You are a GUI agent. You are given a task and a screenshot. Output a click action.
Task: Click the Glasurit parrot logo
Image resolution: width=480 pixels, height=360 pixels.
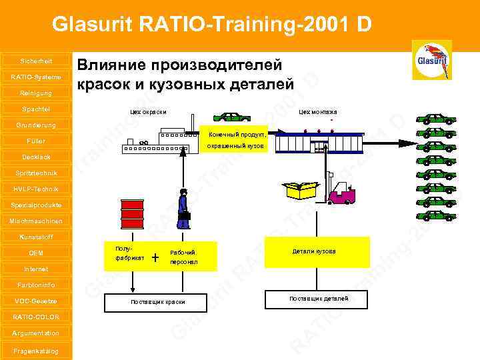coord(431,60)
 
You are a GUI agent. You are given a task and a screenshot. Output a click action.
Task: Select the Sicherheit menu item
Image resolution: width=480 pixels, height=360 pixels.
coord(36,61)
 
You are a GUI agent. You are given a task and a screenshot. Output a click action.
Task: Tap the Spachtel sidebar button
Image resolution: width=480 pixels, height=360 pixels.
coord(36,109)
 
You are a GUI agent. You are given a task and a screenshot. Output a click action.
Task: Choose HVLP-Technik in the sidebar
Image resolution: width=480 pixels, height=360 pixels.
coord(36,189)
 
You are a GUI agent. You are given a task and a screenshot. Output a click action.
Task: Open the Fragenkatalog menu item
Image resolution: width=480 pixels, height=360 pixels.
coord(36,351)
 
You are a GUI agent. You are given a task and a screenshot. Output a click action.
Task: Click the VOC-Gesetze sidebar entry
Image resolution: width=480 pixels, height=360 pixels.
coord(36,301)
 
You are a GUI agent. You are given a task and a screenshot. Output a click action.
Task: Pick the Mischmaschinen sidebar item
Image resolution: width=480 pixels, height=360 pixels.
coord(36,221)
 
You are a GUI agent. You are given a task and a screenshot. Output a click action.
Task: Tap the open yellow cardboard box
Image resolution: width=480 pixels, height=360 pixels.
coord(301,189)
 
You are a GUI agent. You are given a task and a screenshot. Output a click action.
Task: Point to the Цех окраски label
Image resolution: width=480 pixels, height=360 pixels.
coord(148,112)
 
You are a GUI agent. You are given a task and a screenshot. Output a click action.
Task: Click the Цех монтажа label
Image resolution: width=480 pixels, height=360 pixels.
coord(317,112)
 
